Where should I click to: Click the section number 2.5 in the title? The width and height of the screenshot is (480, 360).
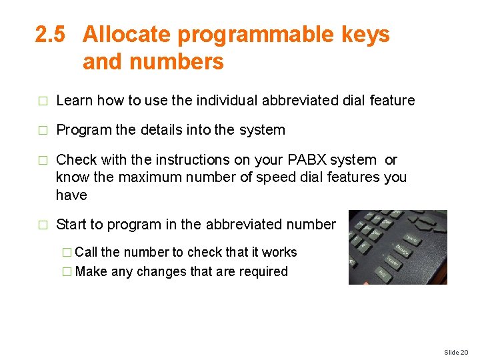[50, 35]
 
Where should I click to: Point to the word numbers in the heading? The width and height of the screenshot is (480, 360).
[179, 62]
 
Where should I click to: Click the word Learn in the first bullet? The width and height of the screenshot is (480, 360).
[74, 101]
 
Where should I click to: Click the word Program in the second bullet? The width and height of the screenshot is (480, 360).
[83, 130]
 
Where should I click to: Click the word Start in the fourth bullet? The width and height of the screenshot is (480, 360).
[71, 225]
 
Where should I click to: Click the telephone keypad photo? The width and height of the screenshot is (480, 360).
[397, 247]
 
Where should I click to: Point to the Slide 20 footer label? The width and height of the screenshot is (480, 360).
[457, 352]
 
